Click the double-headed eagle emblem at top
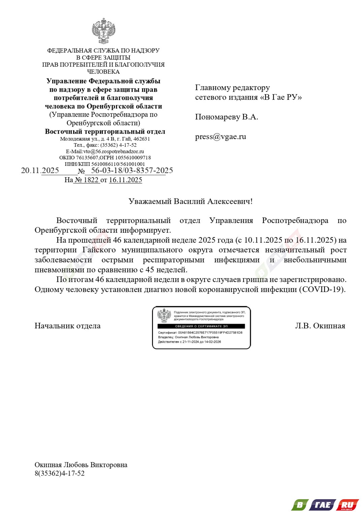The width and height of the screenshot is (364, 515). coord(103,31)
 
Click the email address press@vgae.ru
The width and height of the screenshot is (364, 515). coord(220,137)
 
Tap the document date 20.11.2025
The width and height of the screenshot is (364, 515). coord(40,170)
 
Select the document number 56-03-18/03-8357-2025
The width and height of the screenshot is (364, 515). coord(132,170)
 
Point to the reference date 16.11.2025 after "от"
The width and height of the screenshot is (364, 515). coord(125,180)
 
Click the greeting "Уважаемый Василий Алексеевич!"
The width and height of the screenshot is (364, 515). coord(190,201)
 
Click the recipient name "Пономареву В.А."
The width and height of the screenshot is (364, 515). coord(226,117)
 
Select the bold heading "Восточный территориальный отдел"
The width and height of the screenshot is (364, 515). coord(105,131)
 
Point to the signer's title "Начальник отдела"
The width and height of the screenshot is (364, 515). coord(67,326)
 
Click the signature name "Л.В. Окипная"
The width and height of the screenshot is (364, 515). coord(320,326)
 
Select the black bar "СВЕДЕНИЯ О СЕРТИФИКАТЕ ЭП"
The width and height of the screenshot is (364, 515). coord(201,326)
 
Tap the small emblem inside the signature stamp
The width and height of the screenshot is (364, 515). coord(164,316)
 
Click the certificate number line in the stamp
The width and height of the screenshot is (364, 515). coord(200,332)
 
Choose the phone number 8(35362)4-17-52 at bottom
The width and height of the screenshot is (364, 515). coord(60,473)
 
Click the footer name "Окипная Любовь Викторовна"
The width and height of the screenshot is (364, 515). coord(81,465)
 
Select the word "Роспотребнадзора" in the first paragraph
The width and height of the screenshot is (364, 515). coord(295,221)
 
